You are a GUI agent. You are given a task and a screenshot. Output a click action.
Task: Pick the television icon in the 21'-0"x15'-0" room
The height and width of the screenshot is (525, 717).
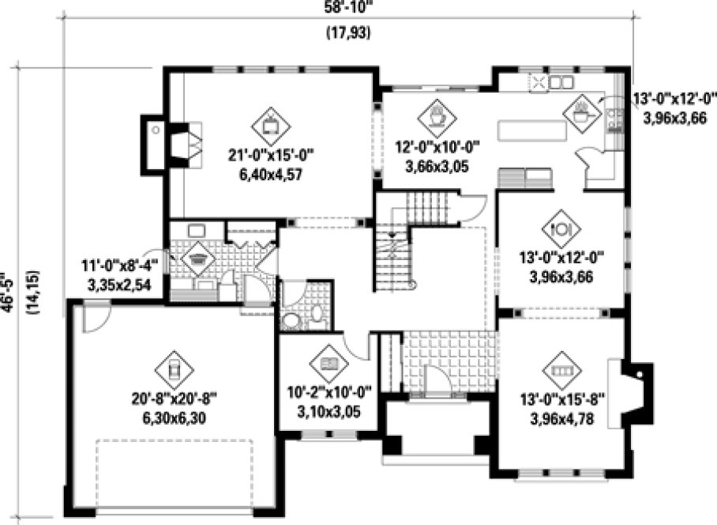(x=270, y=123)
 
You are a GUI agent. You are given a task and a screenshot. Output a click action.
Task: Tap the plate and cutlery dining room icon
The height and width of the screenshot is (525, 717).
(x=561, y=228)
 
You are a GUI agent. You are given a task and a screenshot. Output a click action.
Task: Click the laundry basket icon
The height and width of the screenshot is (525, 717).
(x=195, y=259)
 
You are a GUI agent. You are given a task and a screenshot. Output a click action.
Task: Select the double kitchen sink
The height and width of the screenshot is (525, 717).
(x=561, y=81)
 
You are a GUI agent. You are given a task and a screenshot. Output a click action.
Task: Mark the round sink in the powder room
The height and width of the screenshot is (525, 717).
(x=291, y=320)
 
